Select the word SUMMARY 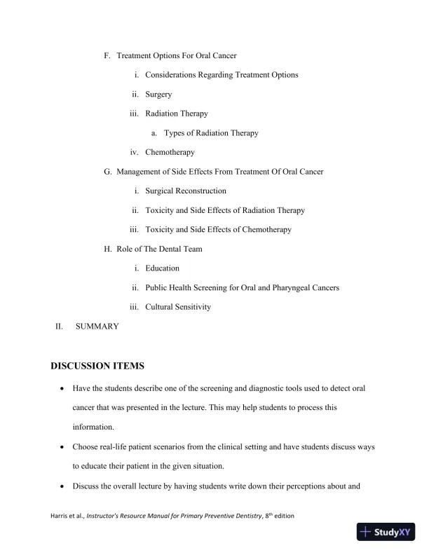[x=97, y=327]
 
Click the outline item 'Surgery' [x=158, y=94]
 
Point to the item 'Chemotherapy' [x=170, y=152]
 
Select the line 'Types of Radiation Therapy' [x=211, y=132]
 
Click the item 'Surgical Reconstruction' [x=186, y=191]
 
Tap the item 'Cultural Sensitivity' [x=178, y=307]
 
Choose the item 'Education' [x=162, y=268]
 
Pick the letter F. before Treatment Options [x=107, y=55]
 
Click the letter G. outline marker [x=107, y=172]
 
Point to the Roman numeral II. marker [x=60, y=327]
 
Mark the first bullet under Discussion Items [x=64, y=388]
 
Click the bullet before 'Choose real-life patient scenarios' [x=64, y=446]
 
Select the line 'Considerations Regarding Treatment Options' [x=222, y=75]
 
